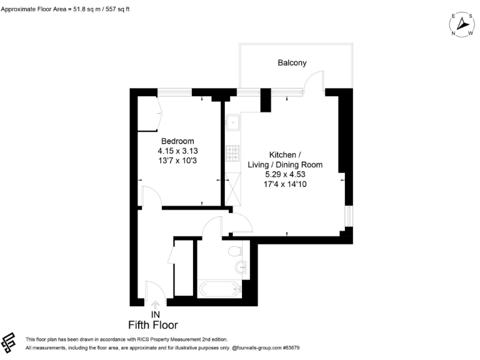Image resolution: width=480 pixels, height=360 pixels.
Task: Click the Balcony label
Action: [x=292, y=62]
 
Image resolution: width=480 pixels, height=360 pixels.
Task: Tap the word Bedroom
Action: [x=177, y=141]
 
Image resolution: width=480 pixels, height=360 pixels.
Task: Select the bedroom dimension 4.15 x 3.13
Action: [x=177, y=151]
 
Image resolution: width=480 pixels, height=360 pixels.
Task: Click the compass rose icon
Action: [x=462, y=24]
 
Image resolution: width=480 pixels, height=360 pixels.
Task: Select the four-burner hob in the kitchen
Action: [x=232, y=152]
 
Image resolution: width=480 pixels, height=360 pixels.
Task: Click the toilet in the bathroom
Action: [x=234, y=251]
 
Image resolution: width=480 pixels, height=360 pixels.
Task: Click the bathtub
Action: [x=219, y=289]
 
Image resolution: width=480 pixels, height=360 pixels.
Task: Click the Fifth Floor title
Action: [x=153, y=325]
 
